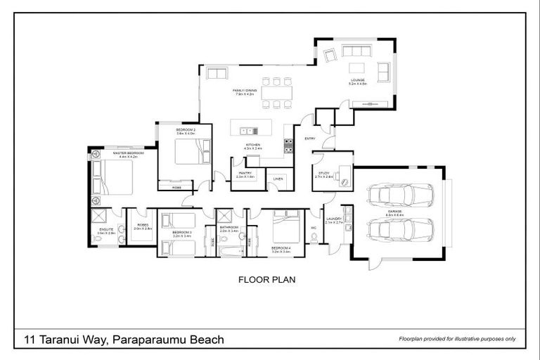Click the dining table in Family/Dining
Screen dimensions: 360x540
(276, 93)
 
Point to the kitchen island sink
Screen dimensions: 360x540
(247, 130)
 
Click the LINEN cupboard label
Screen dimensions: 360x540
(278, 179)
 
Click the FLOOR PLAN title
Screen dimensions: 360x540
(268, 279)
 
